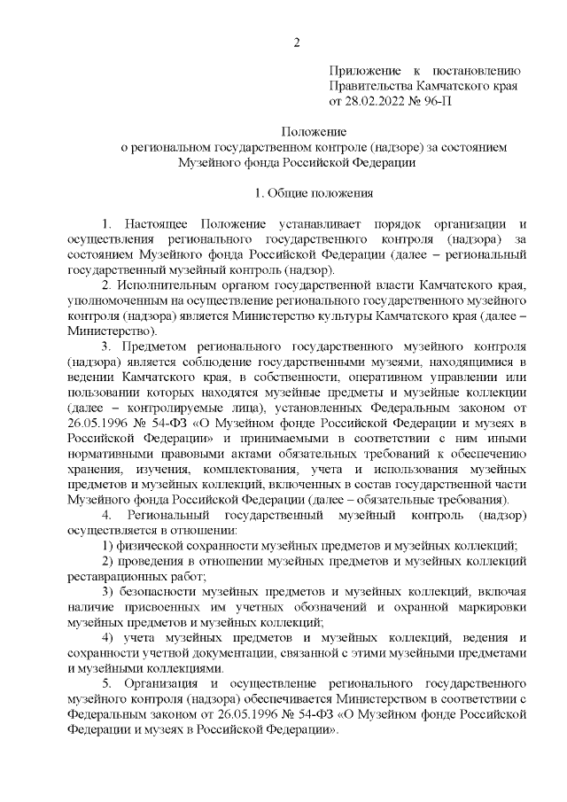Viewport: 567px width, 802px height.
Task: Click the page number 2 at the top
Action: pyautogui.click(x=298, y=43)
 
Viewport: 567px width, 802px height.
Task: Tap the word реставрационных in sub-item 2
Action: pyautogui.click(x=113, y=575)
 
